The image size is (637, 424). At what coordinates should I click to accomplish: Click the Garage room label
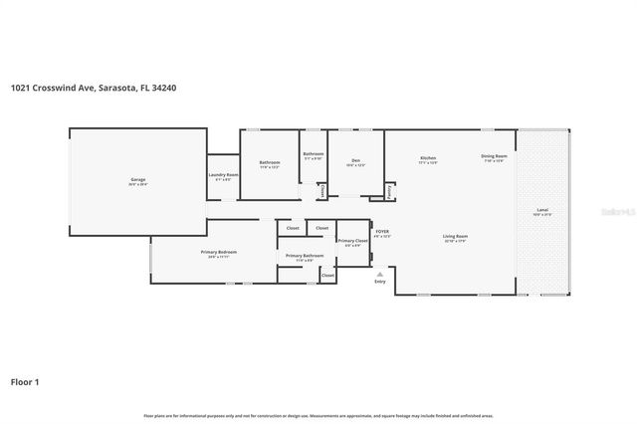(x=137, y=180)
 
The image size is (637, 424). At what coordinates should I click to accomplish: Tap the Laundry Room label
(x=223, y=175)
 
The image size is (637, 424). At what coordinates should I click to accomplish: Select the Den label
(x=354, y=161)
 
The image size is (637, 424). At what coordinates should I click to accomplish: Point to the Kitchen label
(x=428, y=158)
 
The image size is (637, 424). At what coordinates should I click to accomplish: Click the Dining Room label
(x=494, y=156)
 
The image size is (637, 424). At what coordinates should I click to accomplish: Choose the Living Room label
(x=455, y=237)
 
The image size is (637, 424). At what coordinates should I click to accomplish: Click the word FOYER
(x=381, y=231)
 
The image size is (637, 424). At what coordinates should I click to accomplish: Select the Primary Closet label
(x=352, y=241)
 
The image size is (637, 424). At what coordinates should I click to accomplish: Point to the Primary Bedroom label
(x=211, y=253)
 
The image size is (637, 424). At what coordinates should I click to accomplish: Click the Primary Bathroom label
(x=305, y=257)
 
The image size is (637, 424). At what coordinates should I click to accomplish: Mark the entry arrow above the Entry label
(x=379, y=272)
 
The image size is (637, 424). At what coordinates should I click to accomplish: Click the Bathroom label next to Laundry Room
(x=270, y=162)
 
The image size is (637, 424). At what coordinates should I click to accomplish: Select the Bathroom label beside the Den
(x=314, y=153)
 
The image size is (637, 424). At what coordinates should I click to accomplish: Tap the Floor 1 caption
(x=25, y=381)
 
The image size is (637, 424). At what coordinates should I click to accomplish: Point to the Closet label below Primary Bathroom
(x=327, y=275)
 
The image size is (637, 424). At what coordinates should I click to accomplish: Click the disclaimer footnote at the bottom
(x=318, y=415)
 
